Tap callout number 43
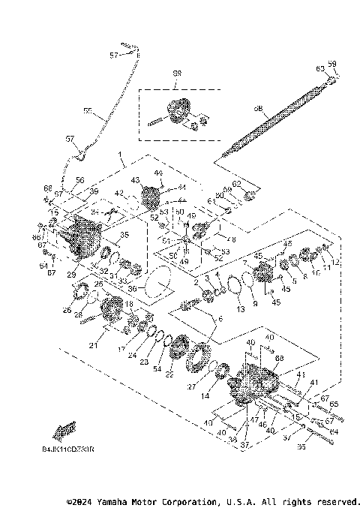click(x=136, y=180)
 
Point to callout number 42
click(x=119, y=194)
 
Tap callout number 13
click(x=241, y=308)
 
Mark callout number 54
click(x=156, y=368)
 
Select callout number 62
click(x=236, y=183)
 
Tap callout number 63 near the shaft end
click(x=319, y=68)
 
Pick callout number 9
click(x=254, y=303)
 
